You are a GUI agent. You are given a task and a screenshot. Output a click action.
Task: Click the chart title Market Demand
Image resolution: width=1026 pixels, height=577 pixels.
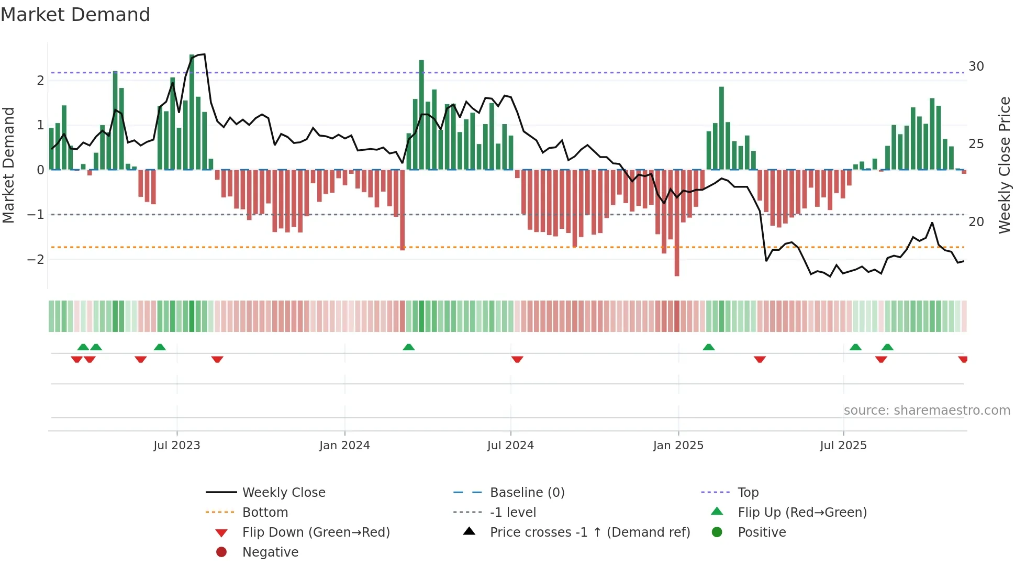[x=75, y=15]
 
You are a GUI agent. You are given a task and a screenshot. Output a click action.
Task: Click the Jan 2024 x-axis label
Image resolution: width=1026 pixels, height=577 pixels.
[x=344, y=446]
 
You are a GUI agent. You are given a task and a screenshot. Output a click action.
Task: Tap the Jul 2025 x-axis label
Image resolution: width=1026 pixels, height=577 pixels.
[x=843, y=446]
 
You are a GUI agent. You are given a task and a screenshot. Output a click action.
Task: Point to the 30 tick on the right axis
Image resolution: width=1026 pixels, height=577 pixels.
[x=976, y=66]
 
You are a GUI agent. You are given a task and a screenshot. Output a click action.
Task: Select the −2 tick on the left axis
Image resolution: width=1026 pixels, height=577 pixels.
[x=36, y=260]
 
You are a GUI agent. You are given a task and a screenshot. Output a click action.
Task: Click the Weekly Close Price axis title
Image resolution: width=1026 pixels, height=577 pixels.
[x=1004, y=165]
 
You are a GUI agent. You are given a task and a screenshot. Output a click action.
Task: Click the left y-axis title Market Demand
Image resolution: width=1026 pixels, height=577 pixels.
[x=9, y=165]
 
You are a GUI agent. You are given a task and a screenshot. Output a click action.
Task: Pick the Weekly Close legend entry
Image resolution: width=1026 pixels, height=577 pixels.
[x=283, y=493]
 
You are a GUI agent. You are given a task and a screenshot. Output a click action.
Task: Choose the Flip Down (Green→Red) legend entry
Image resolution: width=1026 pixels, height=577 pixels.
[x=316, y=532]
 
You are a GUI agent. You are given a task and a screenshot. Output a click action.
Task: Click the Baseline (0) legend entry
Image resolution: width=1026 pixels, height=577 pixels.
[x=527, y=493]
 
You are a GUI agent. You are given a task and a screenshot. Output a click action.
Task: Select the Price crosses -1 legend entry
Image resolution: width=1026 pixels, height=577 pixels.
[x=589, y=532]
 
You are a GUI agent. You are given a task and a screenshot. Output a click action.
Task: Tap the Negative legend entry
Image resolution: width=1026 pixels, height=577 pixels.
[x=270, y=552]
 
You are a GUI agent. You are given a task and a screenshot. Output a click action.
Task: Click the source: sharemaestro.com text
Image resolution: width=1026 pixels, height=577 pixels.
[x=927, y=410]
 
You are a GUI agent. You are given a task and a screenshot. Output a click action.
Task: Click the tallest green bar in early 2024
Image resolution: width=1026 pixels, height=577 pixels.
[x=421, y=115]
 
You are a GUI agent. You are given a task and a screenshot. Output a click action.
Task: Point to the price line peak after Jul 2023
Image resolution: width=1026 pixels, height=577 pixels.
[x=204, y=54]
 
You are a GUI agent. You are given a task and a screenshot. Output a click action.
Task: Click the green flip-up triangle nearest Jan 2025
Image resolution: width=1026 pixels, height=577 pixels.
[x=709, y=347]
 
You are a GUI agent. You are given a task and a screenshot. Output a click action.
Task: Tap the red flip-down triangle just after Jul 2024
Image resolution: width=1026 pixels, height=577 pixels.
[x=517, y=359]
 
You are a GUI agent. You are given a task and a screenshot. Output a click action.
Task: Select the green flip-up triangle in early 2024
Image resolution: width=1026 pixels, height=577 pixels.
[x=409, y=347]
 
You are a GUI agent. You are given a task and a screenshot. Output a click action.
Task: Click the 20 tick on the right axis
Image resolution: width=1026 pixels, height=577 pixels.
[x=976, y=222]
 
